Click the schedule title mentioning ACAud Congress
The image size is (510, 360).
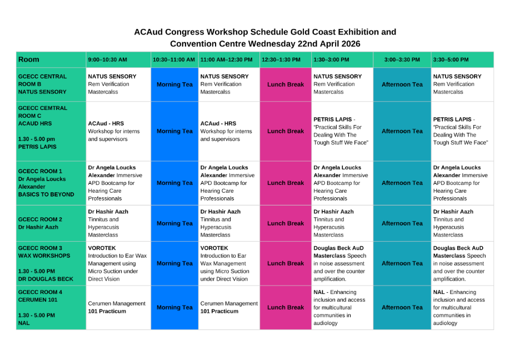265,37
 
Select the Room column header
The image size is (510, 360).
29,59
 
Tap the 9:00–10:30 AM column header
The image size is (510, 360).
107,59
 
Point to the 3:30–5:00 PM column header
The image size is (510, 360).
451,59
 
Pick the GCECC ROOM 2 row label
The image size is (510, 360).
41,223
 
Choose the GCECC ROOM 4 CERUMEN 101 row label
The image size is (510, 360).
41,307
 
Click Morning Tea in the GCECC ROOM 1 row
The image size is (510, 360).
174,183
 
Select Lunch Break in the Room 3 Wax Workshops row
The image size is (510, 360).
286,263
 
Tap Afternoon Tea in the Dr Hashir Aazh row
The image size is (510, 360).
402,223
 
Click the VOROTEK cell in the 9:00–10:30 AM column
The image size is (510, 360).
117,263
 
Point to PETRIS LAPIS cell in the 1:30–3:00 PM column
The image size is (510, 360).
341,131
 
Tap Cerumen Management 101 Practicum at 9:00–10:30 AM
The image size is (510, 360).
117,307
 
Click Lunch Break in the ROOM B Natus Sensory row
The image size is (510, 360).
286,84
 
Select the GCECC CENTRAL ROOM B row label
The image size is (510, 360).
42,84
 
